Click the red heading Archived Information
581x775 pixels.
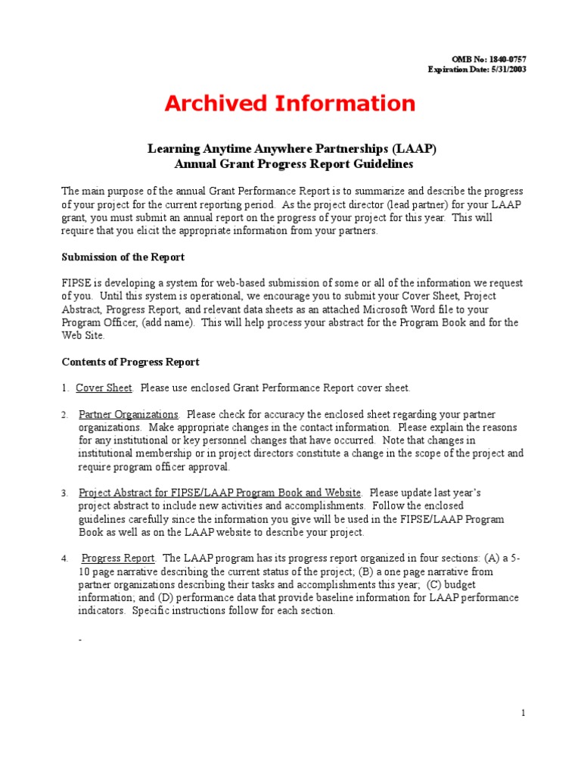290,103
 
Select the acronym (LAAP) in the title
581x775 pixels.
414,149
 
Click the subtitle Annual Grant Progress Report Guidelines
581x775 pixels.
290,163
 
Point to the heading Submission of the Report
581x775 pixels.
123,257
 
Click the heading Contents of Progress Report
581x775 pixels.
131,362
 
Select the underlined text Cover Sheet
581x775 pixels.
104,388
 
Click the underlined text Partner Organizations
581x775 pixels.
129,415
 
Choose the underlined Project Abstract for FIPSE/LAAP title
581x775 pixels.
219,493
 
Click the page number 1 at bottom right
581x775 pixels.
523,713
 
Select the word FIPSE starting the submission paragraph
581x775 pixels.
76,283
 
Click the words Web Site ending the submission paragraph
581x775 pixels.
82,335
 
